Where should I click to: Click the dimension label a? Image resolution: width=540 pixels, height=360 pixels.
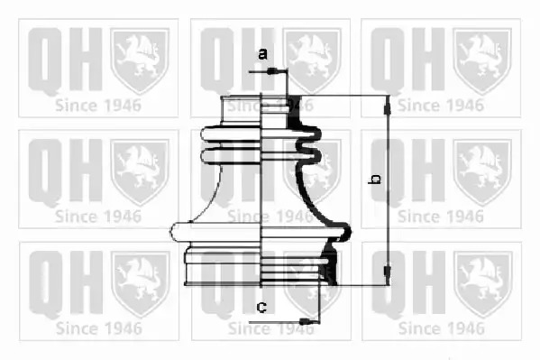(x=262, y=54)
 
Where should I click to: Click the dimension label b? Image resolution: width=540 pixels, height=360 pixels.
(x=375, y=179)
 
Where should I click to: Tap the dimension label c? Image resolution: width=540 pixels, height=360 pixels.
(x=261, y=306)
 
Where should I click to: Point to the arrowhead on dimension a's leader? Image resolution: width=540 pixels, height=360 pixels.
(x=272, y=71)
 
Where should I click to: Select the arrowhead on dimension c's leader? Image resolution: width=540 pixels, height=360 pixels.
(x=305, y=322)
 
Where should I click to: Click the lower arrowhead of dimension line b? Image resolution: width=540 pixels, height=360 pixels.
(x=388, y=272)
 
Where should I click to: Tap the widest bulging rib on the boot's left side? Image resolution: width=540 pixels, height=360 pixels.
(x=215, y=231)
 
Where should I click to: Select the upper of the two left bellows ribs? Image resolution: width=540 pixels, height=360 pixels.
(x=231, y=134)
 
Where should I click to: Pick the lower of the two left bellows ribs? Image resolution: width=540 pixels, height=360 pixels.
(x=231, y=155)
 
